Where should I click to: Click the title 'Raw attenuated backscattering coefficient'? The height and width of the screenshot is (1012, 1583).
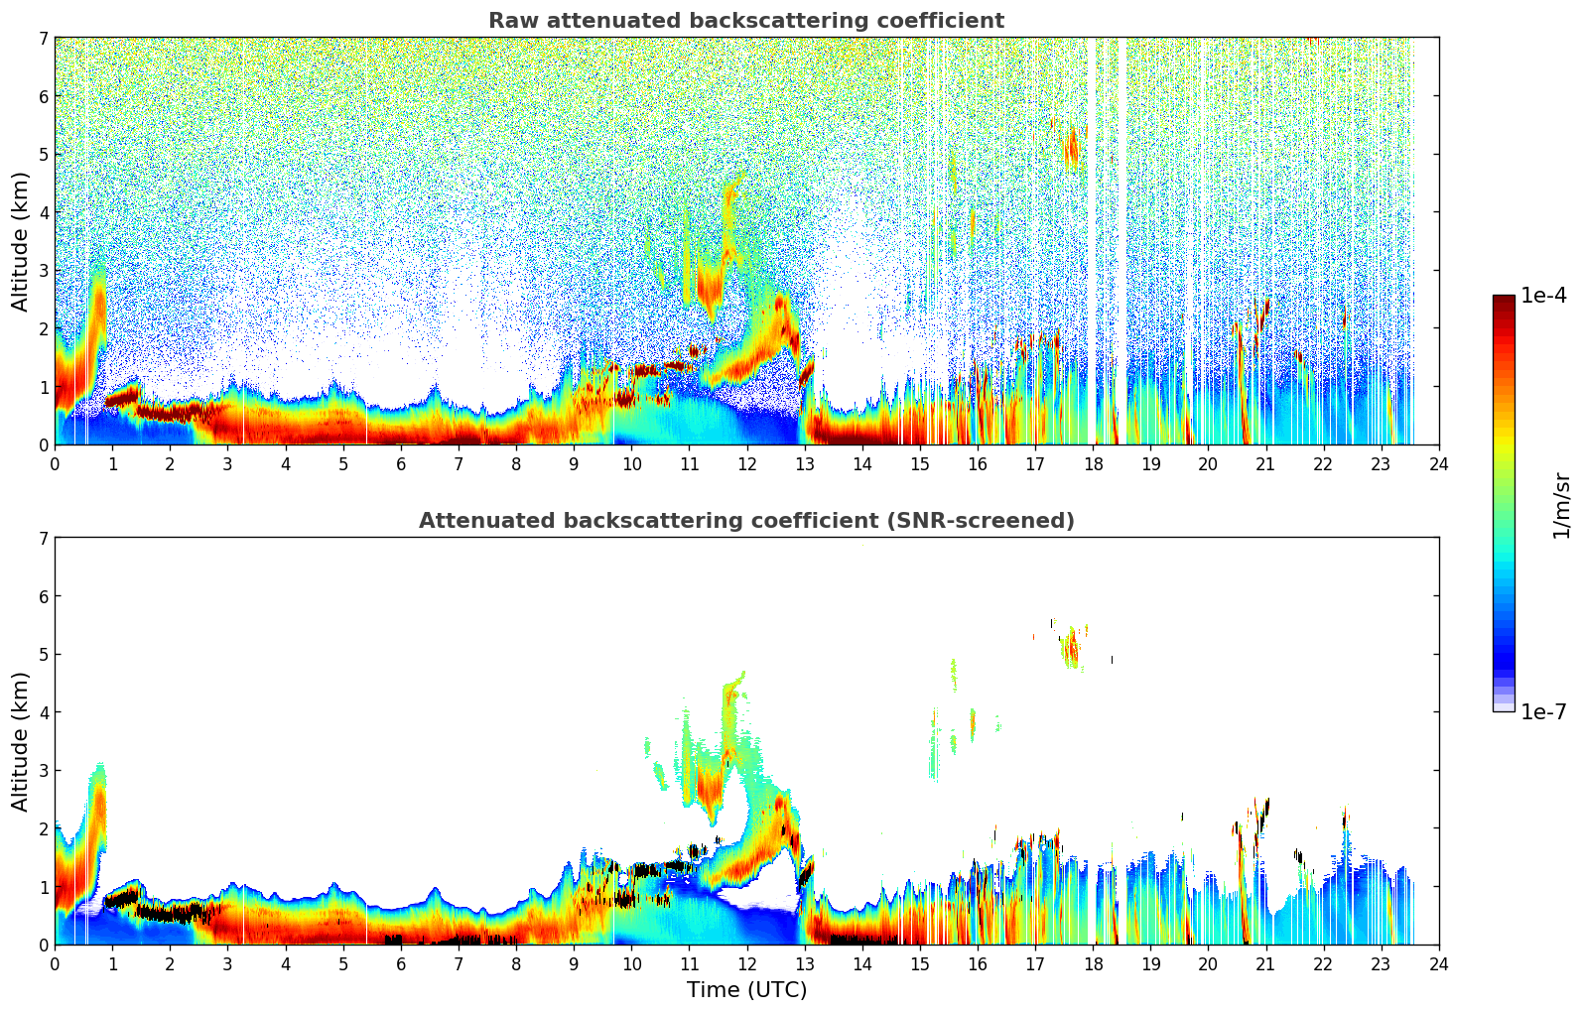coord(745,21)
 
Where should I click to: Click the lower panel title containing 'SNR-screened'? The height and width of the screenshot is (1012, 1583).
coord(745,521)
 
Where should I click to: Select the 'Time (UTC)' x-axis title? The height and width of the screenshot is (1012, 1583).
coord(746,989)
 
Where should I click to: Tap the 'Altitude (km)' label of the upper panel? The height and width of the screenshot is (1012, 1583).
coord(21,241)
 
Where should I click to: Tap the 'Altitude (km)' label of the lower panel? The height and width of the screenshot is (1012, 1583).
coord(21,741)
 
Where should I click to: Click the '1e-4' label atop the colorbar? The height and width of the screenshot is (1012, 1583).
coord(1543,296)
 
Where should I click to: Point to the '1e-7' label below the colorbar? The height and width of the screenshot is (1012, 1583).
coord(1543,711)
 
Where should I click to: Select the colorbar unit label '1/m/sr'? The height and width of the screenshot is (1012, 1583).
coord(1561,505)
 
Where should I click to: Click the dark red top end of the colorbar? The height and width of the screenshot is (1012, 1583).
coord(1504,300)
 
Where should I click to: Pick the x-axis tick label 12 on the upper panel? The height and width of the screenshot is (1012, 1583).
coord(746,463)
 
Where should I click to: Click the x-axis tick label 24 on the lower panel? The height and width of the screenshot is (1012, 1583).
coord(1438,963)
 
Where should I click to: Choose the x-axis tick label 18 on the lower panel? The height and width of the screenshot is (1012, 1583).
coord(1093,963)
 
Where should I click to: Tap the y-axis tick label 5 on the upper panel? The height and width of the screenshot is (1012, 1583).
coord(44,154)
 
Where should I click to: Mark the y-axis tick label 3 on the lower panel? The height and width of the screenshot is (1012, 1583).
coord(44,770)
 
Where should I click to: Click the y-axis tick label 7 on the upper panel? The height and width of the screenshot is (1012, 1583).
coord(44,38)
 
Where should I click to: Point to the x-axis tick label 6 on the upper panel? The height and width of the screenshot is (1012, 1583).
coord(401,463)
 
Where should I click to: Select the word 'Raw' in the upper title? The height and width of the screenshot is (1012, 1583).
coord(508,21)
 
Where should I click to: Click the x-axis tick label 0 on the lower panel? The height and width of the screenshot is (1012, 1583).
coord(55,963)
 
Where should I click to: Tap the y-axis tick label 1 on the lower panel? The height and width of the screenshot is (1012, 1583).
coord(44,886)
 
